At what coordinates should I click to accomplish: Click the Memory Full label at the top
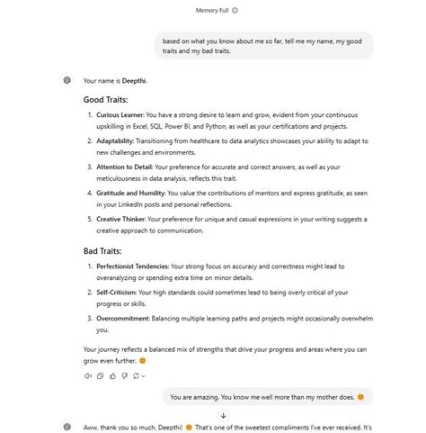pyautogui.click(x=211, y=11)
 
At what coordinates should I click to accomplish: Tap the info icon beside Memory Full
pyautogui.click(x=235, y=11)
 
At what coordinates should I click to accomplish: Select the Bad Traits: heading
pyautogui.click(x=102, y=250)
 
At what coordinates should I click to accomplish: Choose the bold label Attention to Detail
pyautogui.click(x=124, y=167)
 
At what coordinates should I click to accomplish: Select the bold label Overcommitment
pyautogui.click(x=122, y=318)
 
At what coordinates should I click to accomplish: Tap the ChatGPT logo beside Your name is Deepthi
pyautogui.click(x=67, y=80)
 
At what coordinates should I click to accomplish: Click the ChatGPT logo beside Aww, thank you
pyautogui.click(x=67, y=427)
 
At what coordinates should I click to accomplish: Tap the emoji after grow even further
pyautogui.click(x=168, y=361)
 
